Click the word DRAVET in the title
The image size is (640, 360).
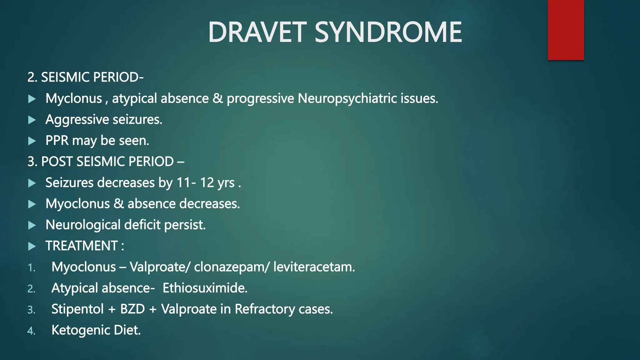click(x=257, y=32)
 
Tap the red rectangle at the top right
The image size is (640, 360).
click(x=566, y=30)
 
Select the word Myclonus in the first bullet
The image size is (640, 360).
click(x=74, y=99)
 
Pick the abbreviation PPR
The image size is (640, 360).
click(x=57, y=141)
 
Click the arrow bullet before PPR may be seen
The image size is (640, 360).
click(x=32, y=141)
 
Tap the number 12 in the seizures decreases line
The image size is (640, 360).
click(x=207, y=183)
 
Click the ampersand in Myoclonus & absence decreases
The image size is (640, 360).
click(x=119, y=204)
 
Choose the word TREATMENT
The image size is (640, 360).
click(x=82, y=246)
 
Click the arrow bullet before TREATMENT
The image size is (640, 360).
click(x=32, y=246)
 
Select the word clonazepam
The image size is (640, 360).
click(x=229, y=267)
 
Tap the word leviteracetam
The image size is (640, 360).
click(x=314, y=267)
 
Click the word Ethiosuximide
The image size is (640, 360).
click(x=205, y=288)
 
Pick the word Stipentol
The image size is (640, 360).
click(x=77, y=309)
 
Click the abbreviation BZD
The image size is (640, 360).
click(x=132, y=309)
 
